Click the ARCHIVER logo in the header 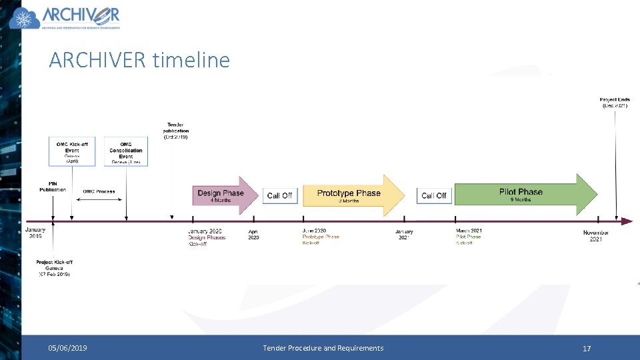(x=65, y=18)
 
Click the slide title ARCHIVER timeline (x=139, y=60)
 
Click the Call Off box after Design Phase (x=279, y=195)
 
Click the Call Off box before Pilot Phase (x=434, y=195)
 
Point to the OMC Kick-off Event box (x=72, y=151)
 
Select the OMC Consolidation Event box (x=126, y=152)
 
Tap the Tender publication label (x=175, y=130)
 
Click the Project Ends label (x=614, y=103)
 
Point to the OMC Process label (x=99, y=191)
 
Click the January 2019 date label (x=36, y=233)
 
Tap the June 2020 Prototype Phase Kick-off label (x=320, y=237)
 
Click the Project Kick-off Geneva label (x=54, y=268)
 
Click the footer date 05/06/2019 (x=67, y=348)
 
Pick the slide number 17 (x=587, y=348)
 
